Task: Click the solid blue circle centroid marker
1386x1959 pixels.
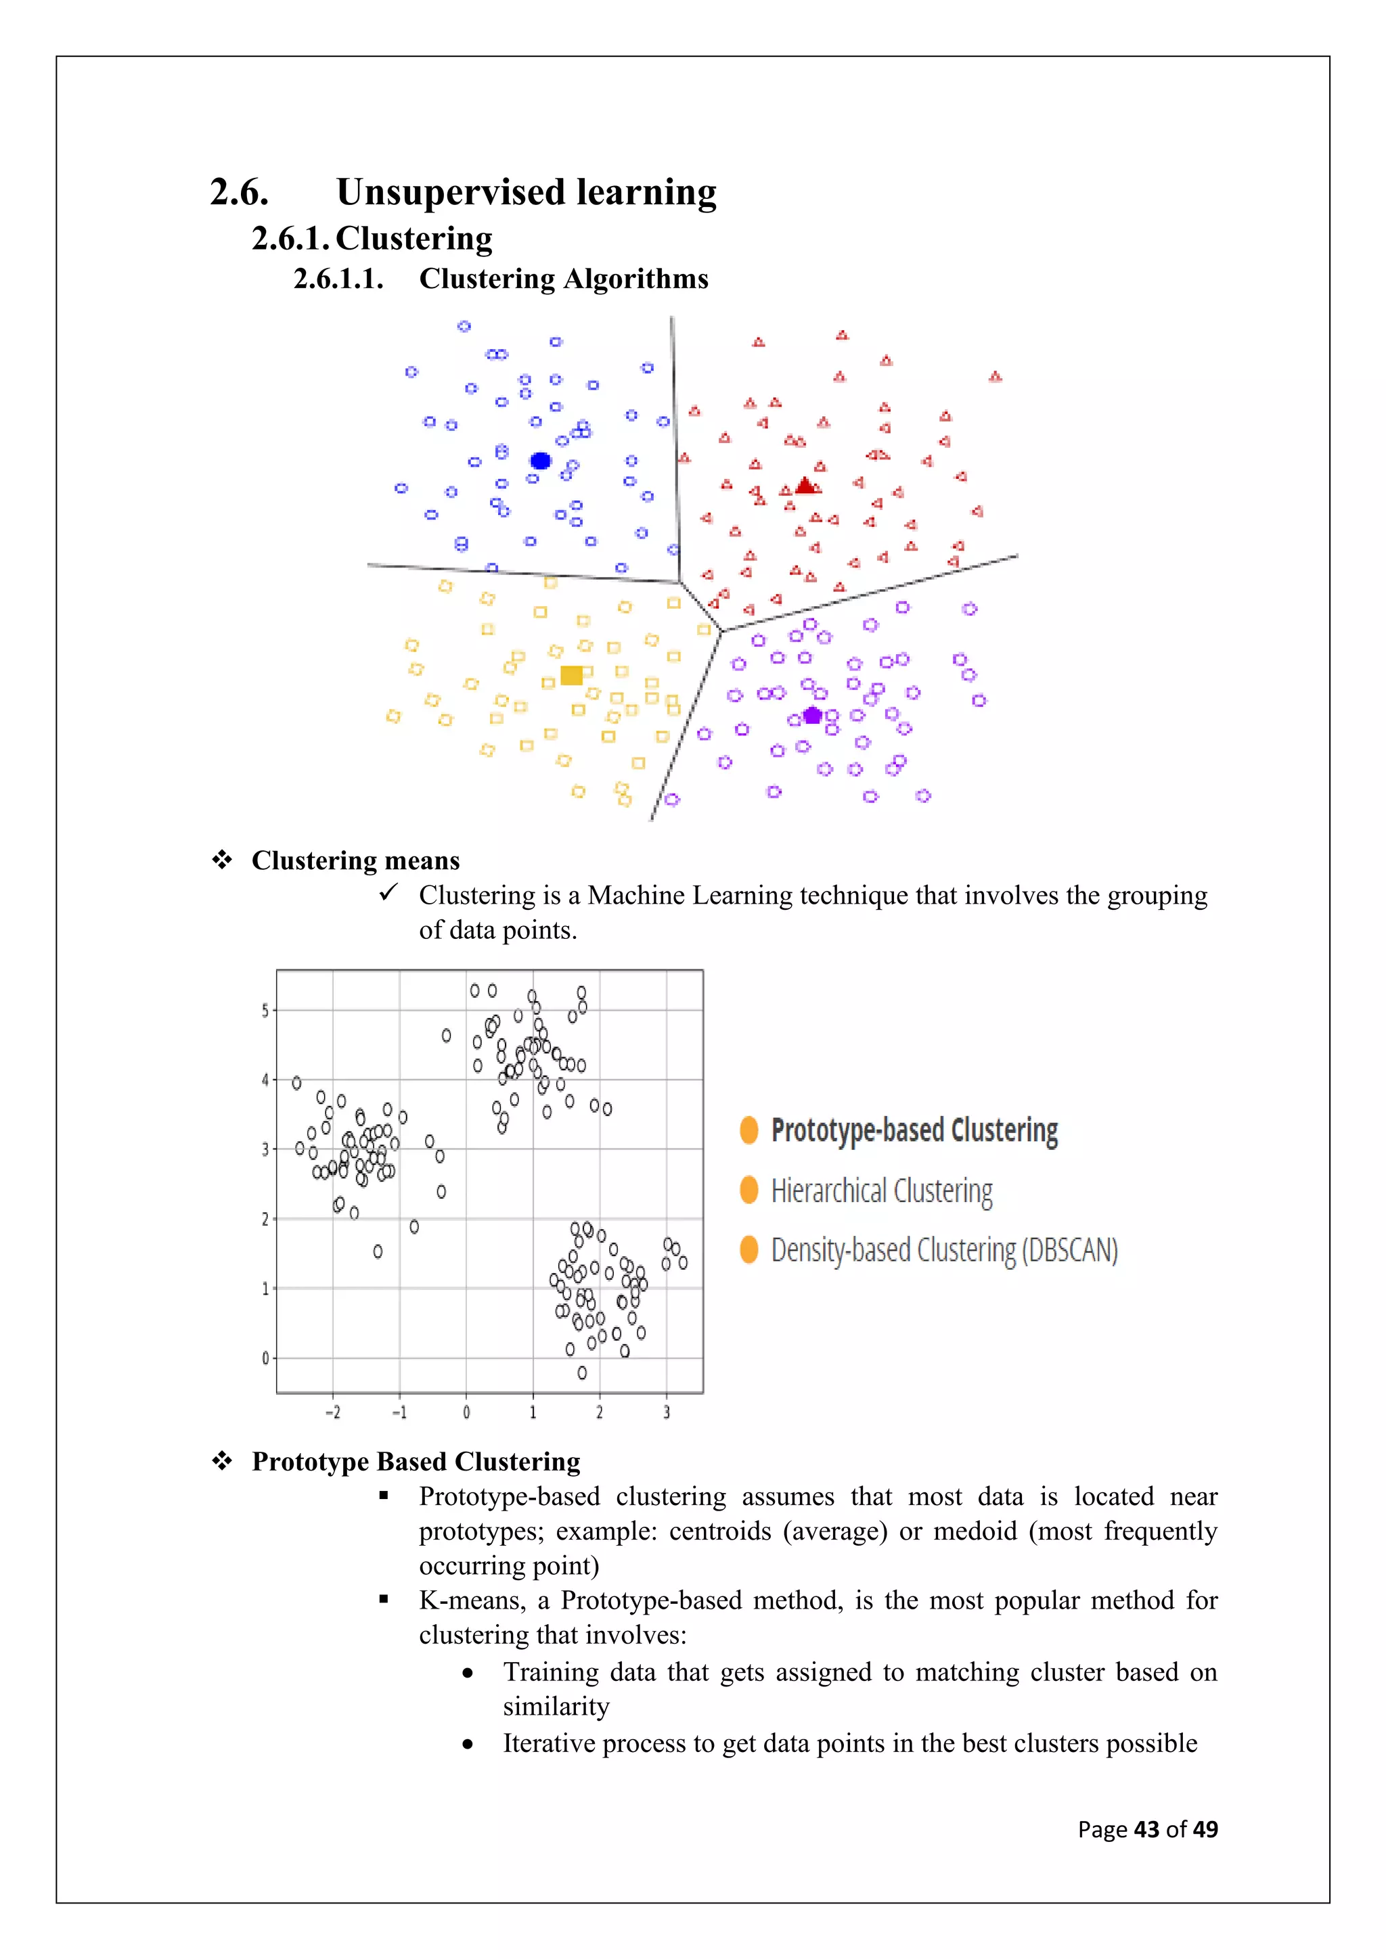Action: click(x=540, y=461)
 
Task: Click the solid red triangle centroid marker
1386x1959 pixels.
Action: click(x=805, y=486)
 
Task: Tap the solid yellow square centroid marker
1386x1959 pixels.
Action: click(x=571, y=676)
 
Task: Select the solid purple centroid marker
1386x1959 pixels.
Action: click(x=813, y=715)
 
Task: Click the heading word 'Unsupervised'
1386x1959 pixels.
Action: click(x=450, y=192)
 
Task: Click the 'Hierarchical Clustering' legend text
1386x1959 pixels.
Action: click(x=882, y=1191)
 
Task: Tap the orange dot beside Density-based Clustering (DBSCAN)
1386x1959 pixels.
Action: click(x=749, y=1249)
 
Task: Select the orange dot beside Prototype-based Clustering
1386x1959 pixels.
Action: click(x=749, y=1130)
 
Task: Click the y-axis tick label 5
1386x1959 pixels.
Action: click(x=265, y=1011)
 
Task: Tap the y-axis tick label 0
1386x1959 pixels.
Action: click(x=265, y=1358)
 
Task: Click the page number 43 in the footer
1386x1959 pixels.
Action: click(x=1146, y=1829)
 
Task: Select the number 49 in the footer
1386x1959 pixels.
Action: click(x=1205, y=1829)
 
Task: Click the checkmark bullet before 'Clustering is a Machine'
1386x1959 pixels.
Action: click(x=388, y=892)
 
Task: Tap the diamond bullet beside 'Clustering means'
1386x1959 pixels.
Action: click(x=222, y=860)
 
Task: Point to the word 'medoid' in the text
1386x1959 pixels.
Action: click(x=975, y=1531)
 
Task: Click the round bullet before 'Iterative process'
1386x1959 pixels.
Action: click(x=468, y=1745)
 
